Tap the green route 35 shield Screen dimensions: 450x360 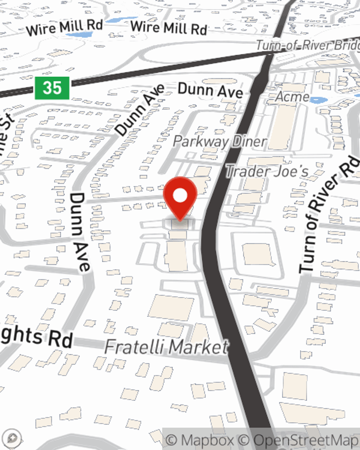pos(52,88)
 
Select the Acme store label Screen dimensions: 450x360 pos(292,96)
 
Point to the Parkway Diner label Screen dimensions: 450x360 pos(220,141)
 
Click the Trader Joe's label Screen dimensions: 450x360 pos(267,171)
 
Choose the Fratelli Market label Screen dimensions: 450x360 pos(166,347)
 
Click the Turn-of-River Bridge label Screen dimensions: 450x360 pos(308,45)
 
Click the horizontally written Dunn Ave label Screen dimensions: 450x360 pos(210,91)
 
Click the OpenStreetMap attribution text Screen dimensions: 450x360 pos(306,440)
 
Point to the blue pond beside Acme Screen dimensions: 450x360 pos(318,100)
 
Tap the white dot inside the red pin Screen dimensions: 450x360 pos(180,196)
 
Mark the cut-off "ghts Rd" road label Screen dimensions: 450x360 pos(36,337)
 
